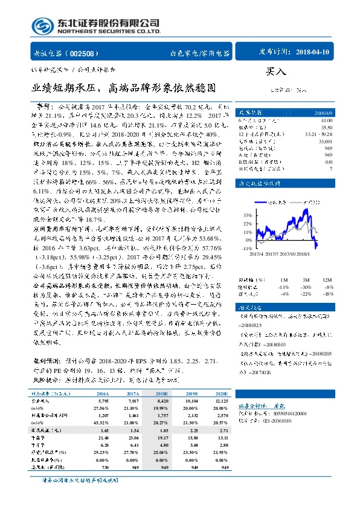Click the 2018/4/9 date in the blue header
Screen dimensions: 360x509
321,112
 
